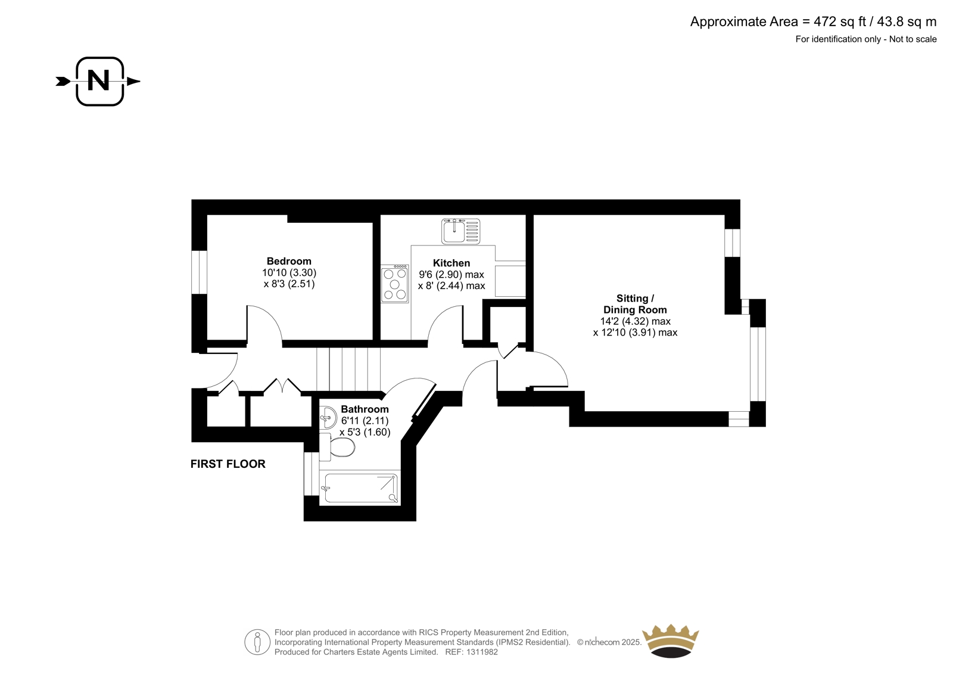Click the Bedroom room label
pyautogui.click(x=289, y=261)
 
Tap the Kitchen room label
pyautogui.click(x=451, y=263)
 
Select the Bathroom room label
pyautogui.click(x=365, y=409)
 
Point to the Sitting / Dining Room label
pyautogui.click(x=635, y=304)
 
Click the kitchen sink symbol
pyautogui.click(x=461, y=232)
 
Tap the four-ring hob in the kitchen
pyautogui.click(x=395, y=284)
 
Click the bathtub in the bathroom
pyautogui.click(x=360, y=488)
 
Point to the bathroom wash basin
pyautogui.click(x=328, y=417)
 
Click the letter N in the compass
pyautogui.click(x=98, y=80)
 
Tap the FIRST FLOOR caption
pyautogui.click(x=228, y=464)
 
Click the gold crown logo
pyautogui.click(x=671, y=641)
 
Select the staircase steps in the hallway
pyautogui.click(x=348, y=369)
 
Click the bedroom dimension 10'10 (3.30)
pyautogui.click(x=289, y=272)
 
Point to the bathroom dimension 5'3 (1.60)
pyautogui.click(x=365, y=432)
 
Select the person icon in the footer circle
pyautogui.click(x=257, y=642)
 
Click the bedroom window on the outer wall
pyautogui.click(x=199, y=272)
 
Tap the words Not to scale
pyautogui.click(x=912, y=39)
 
